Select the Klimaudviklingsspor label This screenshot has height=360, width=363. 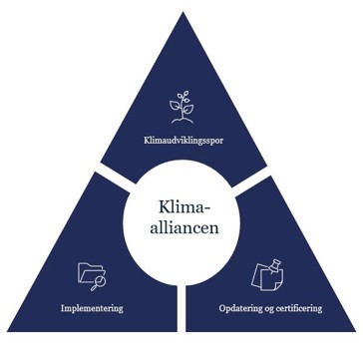pos(183,141)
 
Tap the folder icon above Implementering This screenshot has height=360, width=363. pos(91,274)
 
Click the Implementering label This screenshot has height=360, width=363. pos(92,308)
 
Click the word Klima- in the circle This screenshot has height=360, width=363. pos(184,207)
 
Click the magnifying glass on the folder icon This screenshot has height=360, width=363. pos(99,282)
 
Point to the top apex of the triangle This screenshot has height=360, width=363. pos(182,12)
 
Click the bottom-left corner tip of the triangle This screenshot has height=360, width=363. pos(8,329)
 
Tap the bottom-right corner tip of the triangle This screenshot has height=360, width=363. pos(355,329)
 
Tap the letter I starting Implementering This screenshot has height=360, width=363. pos(63,308)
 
